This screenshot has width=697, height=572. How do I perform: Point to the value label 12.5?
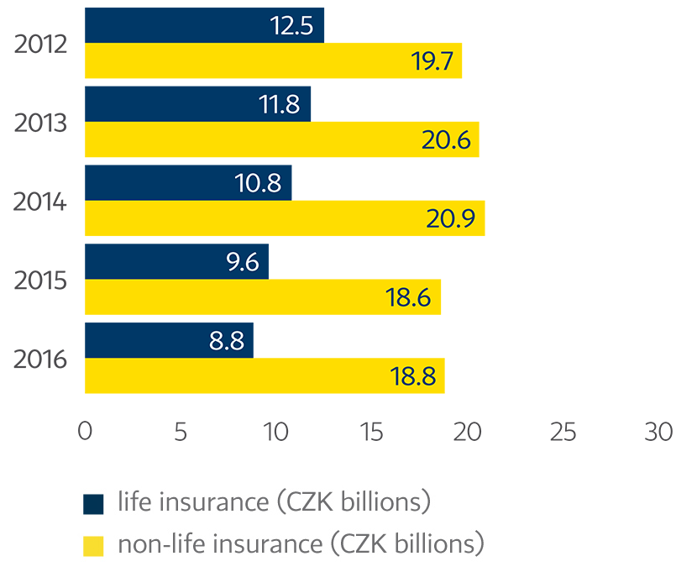pos(291,26)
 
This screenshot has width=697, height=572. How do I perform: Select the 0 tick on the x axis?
pos(85,431)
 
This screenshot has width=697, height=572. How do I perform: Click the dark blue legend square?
pos(93,504)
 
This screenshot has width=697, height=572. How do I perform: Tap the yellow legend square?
pos(93,545)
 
